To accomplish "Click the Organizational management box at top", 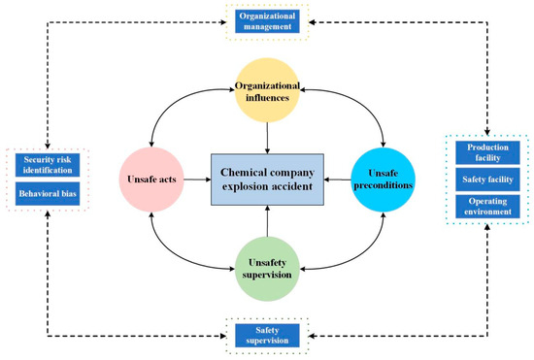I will (x=266, y=20).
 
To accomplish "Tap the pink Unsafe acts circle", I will (x=154, y=179).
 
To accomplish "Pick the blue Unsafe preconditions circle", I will (x=380, y=178).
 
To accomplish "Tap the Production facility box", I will (x=487, y=153).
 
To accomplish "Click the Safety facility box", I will (x=487, y=180).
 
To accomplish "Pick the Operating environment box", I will (x=487, y=207).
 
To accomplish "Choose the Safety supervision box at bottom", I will (x=266, y=336).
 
